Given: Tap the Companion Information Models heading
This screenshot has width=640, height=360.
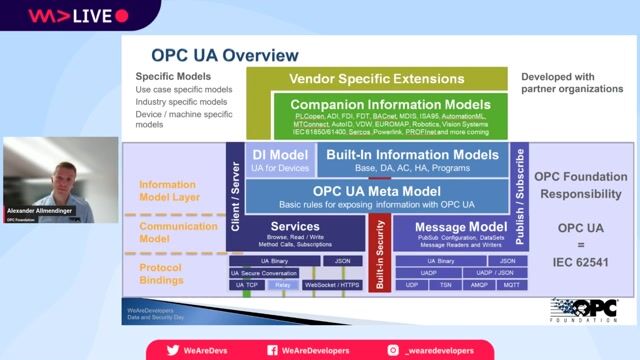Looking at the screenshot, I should (x=393, y=103).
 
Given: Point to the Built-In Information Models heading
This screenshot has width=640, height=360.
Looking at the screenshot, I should (x=412, y=155).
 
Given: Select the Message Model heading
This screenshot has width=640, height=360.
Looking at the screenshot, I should (x=446, y=227).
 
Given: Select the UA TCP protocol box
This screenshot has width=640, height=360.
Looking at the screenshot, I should (x=246, y=285).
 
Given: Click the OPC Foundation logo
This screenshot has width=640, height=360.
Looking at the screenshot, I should (x=576, y=309).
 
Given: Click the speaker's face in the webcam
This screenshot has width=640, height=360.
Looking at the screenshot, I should (x=51, y=160).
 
